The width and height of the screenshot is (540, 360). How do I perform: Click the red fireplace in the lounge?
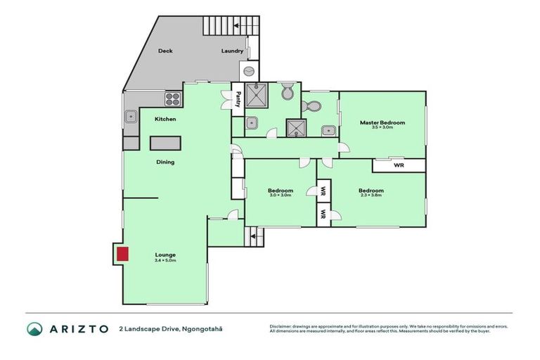122,254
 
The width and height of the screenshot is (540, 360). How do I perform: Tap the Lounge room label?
166,255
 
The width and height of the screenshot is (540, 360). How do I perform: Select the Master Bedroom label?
382,122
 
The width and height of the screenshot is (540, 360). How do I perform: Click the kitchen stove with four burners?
172,99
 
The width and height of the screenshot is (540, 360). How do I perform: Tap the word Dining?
165,162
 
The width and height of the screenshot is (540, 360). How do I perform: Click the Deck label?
165,51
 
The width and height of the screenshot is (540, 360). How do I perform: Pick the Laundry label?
232,51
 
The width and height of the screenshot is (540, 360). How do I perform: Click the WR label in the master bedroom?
399,166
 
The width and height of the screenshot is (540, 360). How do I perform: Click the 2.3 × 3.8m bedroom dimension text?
371,195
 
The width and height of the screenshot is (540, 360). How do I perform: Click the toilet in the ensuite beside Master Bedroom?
314,107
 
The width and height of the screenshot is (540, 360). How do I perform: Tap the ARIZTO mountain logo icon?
34,328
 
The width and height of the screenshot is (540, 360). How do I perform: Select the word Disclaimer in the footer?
282,326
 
